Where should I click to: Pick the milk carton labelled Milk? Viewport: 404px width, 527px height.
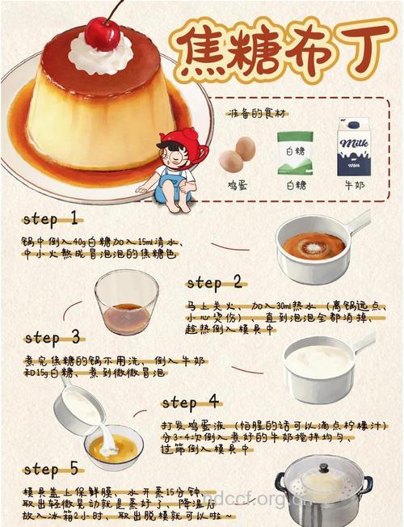[x=352, y=147]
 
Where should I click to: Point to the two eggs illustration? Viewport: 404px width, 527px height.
[x=238, y=153]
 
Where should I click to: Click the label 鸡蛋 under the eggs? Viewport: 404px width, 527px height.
[x=238, y=185]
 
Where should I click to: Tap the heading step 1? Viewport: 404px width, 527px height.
[x=50, y=218]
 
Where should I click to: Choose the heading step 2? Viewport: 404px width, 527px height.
[x=214, y=282]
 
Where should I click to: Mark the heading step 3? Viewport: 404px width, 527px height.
[x=52, y=337]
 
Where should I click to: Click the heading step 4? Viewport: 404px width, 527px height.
[x=191, y=402]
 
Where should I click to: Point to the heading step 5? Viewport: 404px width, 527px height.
[x=51, y=469]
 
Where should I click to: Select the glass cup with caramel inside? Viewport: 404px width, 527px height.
[x=126, y=303]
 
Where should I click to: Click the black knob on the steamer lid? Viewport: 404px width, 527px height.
[x=323, y=467]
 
